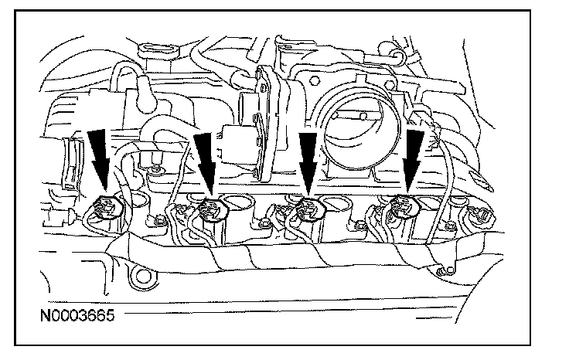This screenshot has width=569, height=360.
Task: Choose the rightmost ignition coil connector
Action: click(x=404, y=205)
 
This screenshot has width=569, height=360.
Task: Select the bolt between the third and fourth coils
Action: click(x=359, y=226)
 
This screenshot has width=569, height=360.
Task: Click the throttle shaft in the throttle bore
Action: click(x=360, y=116)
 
